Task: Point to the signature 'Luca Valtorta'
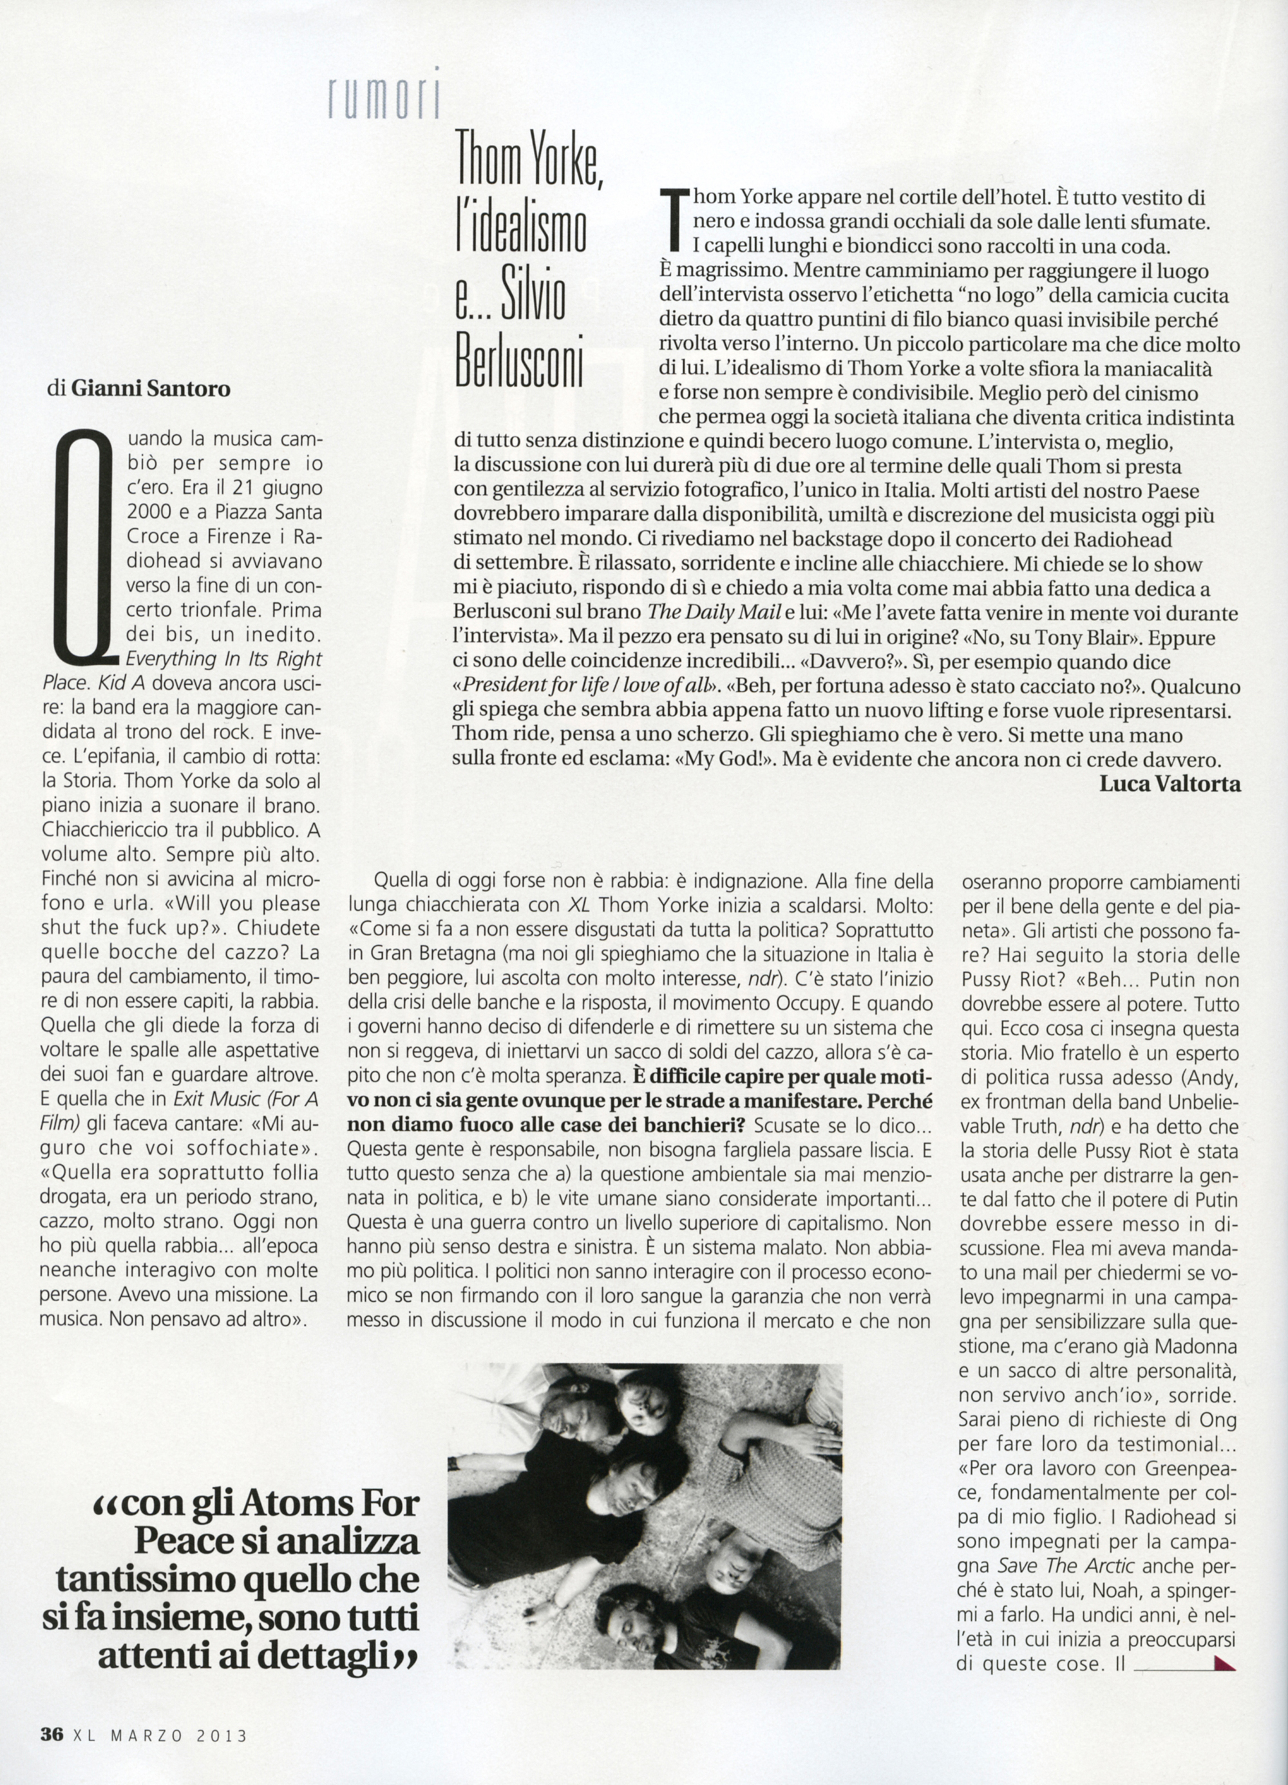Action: pyautogui.click(x=1170, y=784)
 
